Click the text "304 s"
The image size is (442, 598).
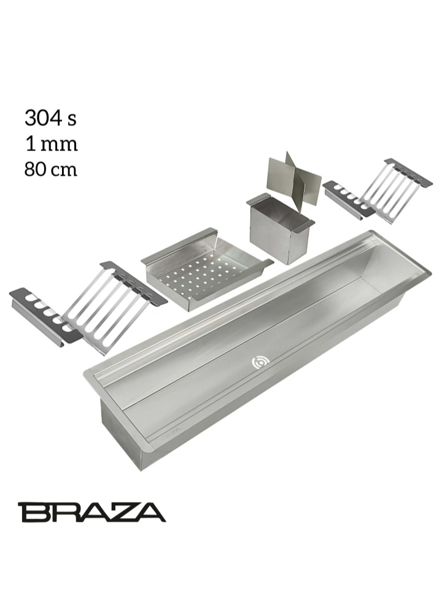51,118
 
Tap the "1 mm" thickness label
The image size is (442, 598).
52,144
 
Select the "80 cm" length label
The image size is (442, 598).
51,169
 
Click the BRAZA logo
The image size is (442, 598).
91,511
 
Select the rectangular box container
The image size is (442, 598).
281,228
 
